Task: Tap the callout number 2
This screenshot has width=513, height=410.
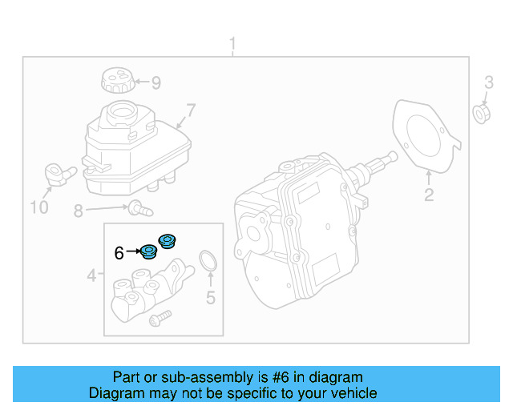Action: click(428, 195)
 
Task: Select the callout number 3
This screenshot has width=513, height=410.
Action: click(489, 82)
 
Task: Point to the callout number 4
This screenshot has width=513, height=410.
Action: click(92, 276)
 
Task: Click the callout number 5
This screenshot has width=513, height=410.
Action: click(210, 299)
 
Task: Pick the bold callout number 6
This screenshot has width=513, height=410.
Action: click(119, 253)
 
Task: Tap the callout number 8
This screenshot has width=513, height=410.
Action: click(79, 211)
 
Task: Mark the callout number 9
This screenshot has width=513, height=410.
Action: click(156, 82)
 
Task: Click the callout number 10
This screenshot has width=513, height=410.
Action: click(39, 208)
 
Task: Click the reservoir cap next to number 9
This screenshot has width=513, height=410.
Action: click(116, 82)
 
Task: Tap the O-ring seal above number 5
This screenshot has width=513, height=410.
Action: click(208, 260)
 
